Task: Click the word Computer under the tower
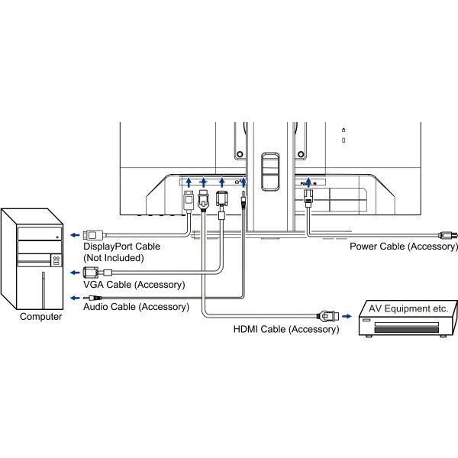[41, 317]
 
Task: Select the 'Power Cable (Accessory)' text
[403, 247]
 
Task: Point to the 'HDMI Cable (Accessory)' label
[285, 330]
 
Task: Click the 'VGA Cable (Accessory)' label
[134, 285]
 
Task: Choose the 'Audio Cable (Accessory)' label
[135, 306]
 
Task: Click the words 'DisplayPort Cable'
[123, 247]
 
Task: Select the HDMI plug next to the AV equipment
[324, 314]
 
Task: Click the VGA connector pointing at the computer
[91, 272]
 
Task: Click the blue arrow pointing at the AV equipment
[346, 314]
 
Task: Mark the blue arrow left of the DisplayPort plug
[70, 234]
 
